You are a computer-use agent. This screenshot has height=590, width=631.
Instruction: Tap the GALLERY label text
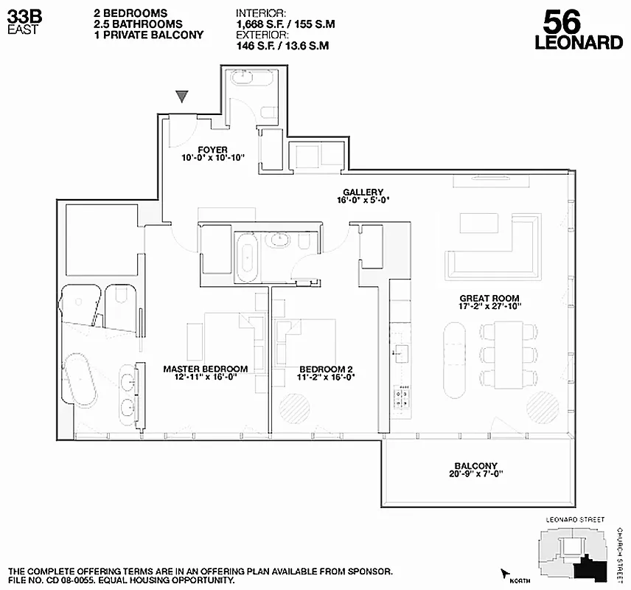tap(363, 192)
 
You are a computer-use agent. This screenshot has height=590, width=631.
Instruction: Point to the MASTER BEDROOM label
tap(205, 369)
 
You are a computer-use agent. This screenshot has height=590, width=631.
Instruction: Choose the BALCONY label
tap(475, 466)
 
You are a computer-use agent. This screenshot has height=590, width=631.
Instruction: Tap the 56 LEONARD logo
tap(579, 29)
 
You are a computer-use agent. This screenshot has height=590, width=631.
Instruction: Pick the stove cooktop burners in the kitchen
tap(402, 397)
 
